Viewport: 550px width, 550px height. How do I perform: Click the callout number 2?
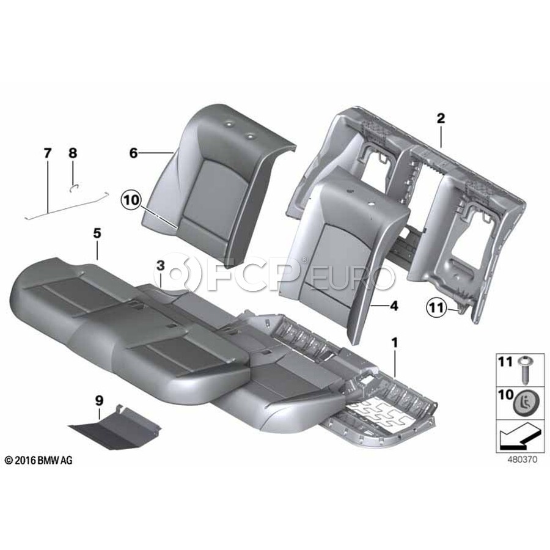click(441, 118)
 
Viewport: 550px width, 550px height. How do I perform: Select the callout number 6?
click(134, 153)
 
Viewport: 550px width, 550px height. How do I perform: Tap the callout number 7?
click(47, 153)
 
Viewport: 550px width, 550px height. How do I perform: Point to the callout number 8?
click(73, 153)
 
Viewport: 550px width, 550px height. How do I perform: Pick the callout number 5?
click(97, 233)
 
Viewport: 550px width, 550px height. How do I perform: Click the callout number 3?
click(160, 266)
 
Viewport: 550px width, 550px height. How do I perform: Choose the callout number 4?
click(394, 306)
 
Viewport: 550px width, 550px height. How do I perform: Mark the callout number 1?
click(395, 343)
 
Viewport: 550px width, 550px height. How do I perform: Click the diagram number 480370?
click(522, 460)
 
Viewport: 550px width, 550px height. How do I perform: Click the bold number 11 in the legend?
click(505, 362)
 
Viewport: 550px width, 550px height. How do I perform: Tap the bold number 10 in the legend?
click(506, 395)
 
